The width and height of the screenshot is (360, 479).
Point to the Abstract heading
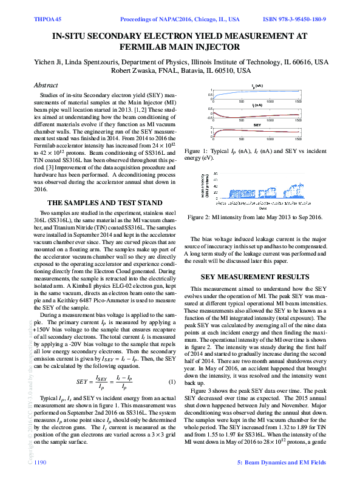(x=46, y=86)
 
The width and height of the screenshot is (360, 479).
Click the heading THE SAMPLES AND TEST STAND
(x=104, y=203)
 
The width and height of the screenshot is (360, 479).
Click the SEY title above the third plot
(x=257, y=124)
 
